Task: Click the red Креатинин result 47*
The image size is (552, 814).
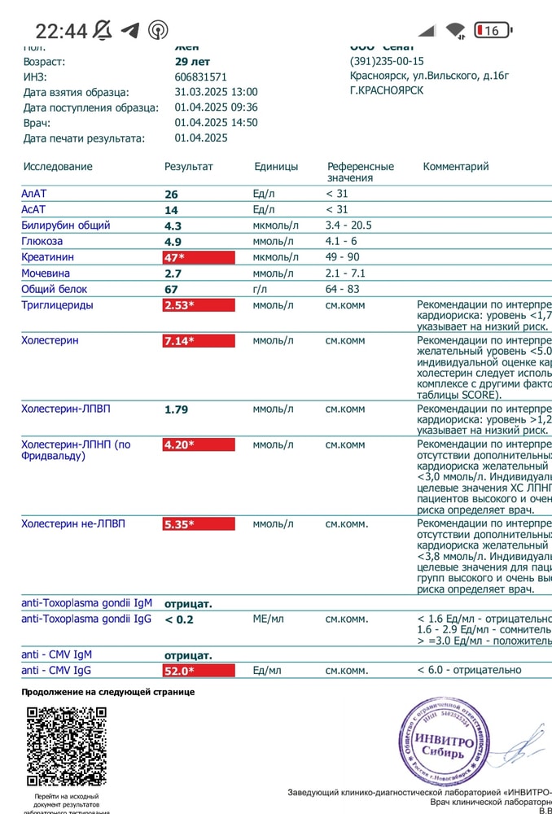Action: [198, 257]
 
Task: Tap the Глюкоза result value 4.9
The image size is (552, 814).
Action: [173, 242]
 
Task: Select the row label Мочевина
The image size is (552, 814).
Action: [46, 274]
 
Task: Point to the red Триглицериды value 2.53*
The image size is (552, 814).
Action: [198, 305]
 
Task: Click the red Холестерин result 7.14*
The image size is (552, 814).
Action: [198, 341]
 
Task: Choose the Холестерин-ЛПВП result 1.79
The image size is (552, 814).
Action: [176, 409]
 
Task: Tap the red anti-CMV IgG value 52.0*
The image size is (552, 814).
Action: [198, 671]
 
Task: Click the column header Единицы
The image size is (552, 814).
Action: [275, 167]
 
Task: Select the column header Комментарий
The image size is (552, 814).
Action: [456, 167]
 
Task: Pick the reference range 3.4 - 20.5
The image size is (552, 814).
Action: [354, 225]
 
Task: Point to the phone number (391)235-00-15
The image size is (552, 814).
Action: [387, 61]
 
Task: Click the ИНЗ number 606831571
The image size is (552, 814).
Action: [200, 77]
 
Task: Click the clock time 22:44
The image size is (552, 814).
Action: [61, 31]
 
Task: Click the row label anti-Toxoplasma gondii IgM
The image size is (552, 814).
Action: [86, 603]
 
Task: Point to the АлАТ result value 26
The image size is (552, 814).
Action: [171, 195]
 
